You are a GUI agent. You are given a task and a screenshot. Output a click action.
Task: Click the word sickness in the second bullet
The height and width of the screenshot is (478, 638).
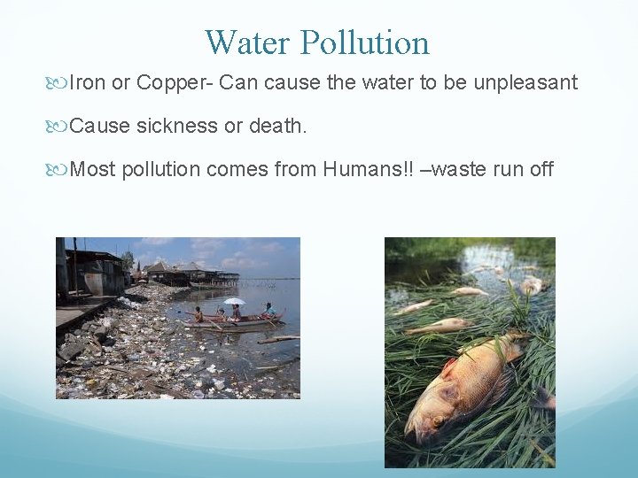177,126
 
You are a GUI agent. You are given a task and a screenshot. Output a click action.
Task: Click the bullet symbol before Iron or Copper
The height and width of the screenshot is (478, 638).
60,83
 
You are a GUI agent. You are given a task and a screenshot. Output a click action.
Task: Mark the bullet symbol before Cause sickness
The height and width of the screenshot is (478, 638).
60,126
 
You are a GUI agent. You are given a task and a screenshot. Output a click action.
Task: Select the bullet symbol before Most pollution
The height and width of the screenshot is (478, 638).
60,168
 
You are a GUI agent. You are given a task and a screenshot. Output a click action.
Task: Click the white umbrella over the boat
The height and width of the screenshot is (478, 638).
234,301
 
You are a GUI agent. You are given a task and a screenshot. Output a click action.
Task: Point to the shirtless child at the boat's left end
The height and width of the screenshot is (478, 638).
198,313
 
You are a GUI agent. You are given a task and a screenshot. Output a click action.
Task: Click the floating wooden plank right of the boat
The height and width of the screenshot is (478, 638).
278,339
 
